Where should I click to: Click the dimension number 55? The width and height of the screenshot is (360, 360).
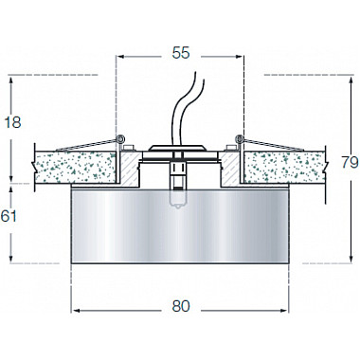click(180, 55)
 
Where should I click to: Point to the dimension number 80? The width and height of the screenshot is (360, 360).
click(180, 306)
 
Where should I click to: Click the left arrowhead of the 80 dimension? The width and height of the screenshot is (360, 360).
click(75, 307)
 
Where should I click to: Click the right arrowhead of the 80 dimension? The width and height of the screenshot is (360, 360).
click(285, 307)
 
